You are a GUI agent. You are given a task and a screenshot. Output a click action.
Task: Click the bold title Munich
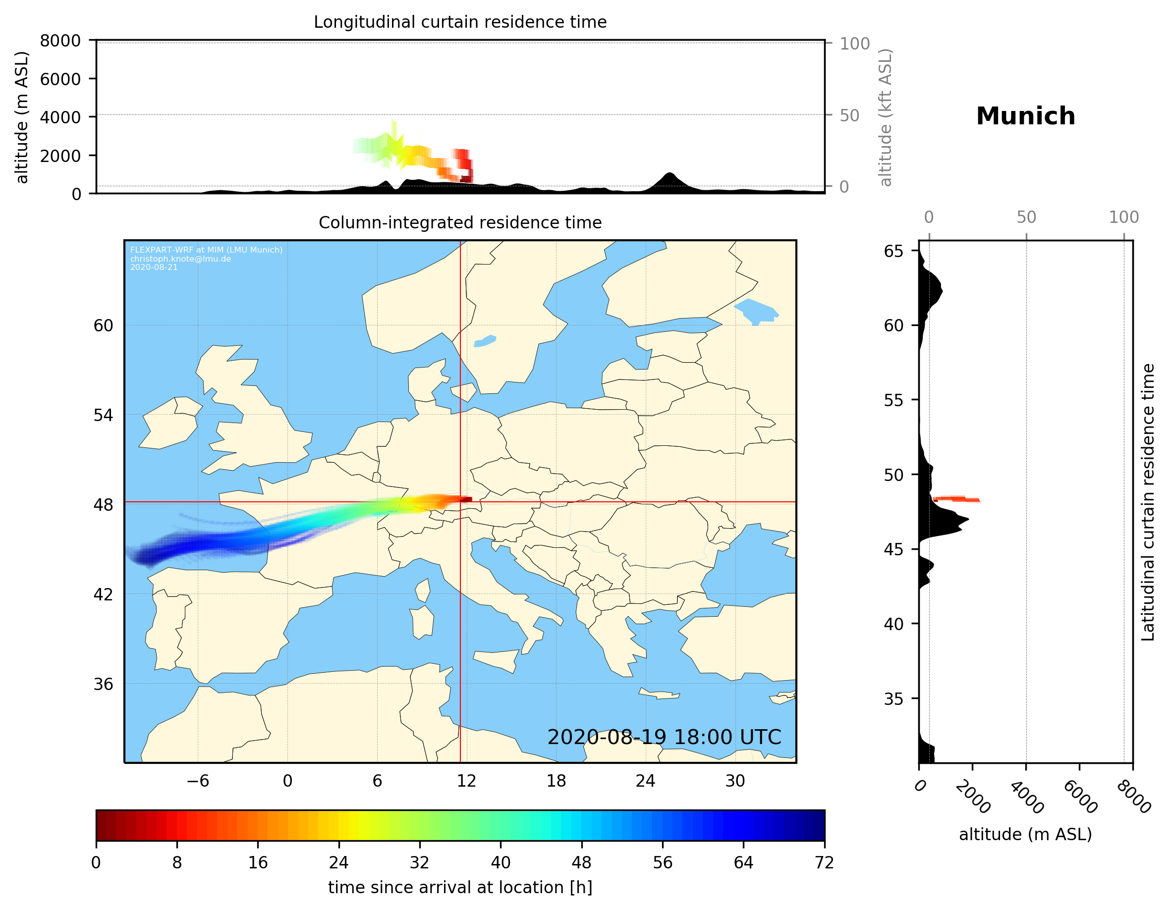point(1025,116)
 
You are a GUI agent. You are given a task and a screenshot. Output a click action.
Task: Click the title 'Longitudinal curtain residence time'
point(460,22)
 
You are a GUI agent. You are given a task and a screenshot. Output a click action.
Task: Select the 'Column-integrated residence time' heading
point(460,222)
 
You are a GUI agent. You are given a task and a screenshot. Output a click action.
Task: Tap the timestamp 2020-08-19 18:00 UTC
point(664,737)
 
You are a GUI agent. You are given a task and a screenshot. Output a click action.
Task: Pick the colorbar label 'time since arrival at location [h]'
point(460,887)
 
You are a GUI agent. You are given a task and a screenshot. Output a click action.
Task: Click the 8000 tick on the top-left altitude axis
point(60,41)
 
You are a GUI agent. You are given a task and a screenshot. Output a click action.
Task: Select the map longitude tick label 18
point(556,781)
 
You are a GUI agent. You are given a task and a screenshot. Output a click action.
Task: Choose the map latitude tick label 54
point(103,415)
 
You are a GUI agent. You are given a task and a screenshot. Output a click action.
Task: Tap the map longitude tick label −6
point(197,781)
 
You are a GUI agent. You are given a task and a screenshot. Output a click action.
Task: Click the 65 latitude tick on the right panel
point(893,251)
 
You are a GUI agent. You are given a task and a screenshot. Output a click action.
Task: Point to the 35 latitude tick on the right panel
point(893,698)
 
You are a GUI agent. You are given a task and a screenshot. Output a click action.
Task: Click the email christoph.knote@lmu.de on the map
point(180,259)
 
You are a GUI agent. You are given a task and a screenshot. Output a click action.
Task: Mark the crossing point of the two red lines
point(460,502)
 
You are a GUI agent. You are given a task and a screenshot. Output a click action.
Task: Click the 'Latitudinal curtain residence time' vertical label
point(1147,502)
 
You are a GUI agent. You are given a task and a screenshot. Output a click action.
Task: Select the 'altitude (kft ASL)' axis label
point(886,117)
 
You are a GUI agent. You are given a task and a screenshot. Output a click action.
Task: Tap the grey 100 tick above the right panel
point(1124,217)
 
